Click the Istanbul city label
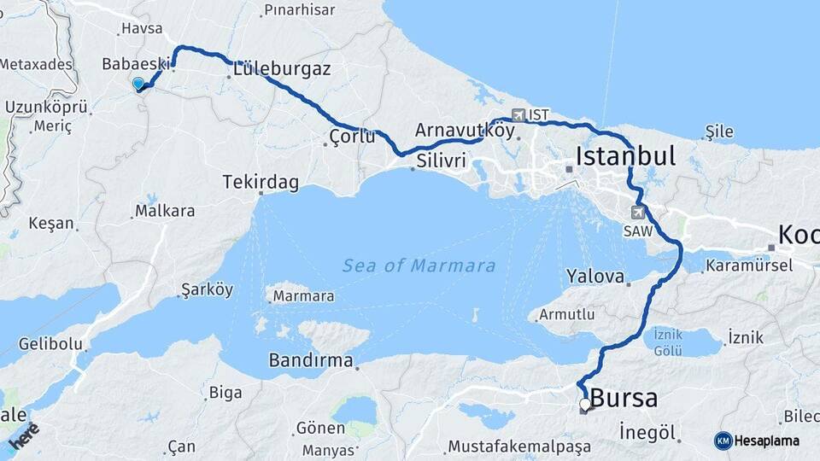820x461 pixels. click(625, 155)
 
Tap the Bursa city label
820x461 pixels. click(624, 398)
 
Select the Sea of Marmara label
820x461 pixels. click(419, 266)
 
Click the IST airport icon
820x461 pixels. click(518, 115)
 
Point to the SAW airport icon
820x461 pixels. click(637, 212)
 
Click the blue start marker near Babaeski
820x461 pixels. click(138, 84)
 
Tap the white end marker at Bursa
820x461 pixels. click(585, 404)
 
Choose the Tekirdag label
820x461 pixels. click(261, 182)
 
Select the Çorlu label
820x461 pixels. click(353, 136)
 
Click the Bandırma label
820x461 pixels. click(311, 360)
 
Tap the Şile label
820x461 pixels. click(719, 131)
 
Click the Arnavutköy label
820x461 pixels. click(465, 131)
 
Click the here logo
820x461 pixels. click(24, 435)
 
